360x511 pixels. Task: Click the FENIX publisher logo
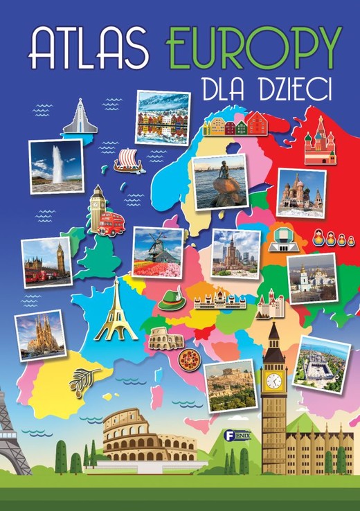[226, 436]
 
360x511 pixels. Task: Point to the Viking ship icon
[128, 161]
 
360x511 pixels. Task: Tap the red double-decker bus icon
[111, 223]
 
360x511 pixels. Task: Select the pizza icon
[188, 359]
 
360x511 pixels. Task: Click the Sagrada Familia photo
[41, 335]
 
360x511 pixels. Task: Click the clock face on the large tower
[274, 380]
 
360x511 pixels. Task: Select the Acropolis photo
[229, 385]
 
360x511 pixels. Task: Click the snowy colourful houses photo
[162, 118]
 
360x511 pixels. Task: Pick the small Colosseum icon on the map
[161, 339]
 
